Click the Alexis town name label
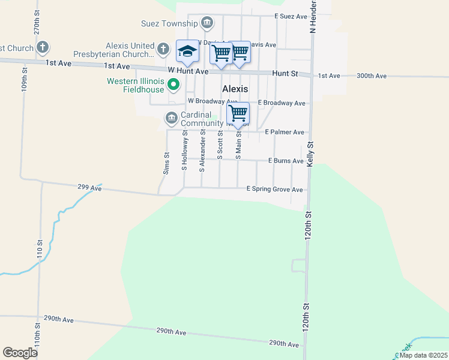[235, 88]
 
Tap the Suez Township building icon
[207, 23]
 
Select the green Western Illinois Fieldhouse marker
[173, 85]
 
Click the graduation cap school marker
[187, 52]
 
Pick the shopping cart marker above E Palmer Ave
[238, 113]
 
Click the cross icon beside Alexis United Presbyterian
[163, 47]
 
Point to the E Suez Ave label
[291, 16]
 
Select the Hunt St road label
[285, 73]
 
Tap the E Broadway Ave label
[282, 103]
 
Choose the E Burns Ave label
[286, 161]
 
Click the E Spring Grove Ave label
[275, 189]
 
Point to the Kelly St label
[310, 154]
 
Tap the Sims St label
[166, 163]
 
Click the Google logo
[20, 352]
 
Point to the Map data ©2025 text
[423, 355]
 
